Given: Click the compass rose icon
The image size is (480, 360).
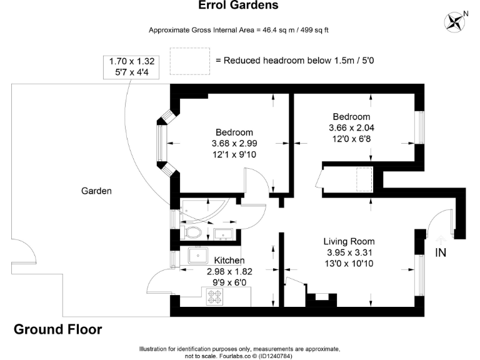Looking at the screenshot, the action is coord(454,22).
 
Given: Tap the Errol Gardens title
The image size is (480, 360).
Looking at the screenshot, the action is coord(238,5).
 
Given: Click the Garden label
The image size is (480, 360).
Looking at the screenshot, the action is coord(96,191).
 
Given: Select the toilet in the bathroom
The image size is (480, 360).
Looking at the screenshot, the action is coord(191,232).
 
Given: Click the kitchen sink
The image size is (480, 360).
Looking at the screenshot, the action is coord(197,256).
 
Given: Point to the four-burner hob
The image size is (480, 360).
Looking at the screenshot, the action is coord(215,297).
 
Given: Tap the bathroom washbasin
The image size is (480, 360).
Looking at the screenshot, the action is coord(224,234).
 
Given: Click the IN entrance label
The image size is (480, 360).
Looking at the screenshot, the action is coord(441,252).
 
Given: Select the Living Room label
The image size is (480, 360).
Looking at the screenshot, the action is coord(349,241).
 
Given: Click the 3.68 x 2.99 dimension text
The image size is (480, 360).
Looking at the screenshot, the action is coord(234,143).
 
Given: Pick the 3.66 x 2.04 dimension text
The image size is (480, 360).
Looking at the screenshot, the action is coord(351,127).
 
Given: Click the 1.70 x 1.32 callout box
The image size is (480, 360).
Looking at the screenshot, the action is coord(132,67).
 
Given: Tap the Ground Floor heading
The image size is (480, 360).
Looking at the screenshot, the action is coord(58,329).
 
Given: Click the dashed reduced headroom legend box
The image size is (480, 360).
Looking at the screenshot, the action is coord(190,61).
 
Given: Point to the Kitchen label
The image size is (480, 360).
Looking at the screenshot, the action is coord(229,261).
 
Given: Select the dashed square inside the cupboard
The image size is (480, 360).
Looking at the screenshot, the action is coord(364,179).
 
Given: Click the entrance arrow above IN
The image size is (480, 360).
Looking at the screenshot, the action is coord(440,240).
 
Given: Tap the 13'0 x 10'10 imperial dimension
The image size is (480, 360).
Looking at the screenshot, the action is coord(349,264).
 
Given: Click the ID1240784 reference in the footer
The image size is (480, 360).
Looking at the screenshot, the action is coord(276,356).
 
